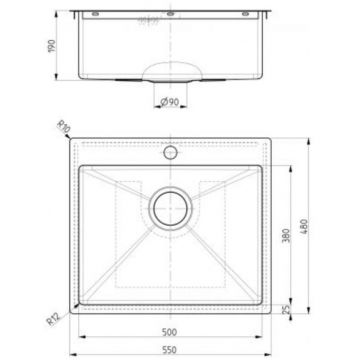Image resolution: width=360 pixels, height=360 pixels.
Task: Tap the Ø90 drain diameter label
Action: pyautogui.click(x=170, y=100)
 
